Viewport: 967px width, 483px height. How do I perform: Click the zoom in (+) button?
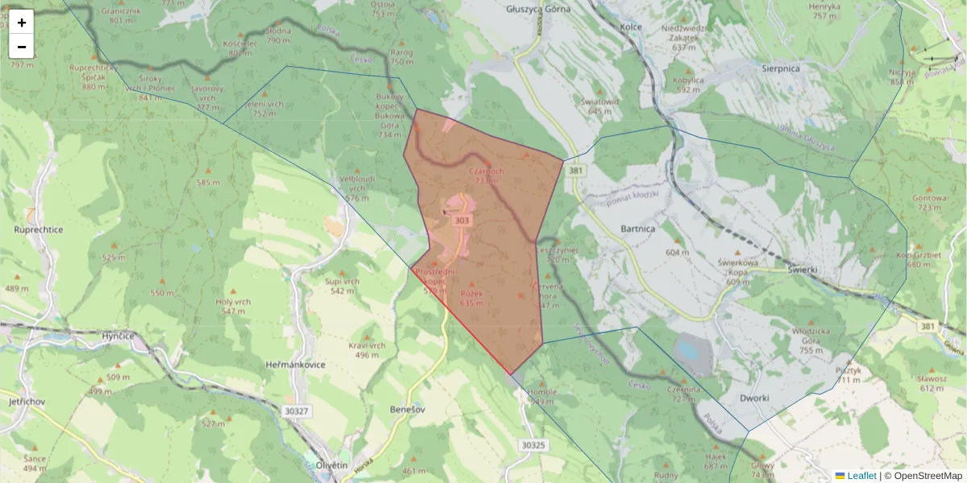click(22, 23)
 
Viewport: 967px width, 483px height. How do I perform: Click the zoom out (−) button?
click(22, 47)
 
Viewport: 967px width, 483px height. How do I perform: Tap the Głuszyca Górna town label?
click(538, 10)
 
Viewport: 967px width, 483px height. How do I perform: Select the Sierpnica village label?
click(773, 68)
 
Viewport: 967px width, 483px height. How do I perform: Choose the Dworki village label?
click(754, 398)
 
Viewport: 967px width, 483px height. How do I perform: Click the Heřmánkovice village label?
click(295, 365)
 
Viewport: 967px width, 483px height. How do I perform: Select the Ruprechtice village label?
click(39, 229)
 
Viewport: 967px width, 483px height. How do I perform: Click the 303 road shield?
click(462, 221)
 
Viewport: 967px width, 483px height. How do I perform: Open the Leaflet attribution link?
click(861, 476)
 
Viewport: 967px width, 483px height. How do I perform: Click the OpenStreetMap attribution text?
click(928, 476)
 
